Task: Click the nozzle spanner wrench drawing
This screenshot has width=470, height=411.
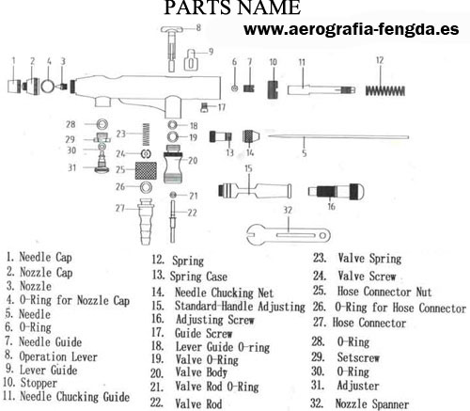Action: coord(289,236)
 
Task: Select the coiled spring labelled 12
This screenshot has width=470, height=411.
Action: coord(385,91)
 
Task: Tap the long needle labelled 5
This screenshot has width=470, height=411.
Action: coord(338,137)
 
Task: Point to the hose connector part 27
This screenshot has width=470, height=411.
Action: coord(146,221)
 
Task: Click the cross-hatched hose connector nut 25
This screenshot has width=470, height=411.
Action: coord(146,170)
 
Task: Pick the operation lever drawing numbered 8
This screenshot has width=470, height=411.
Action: coord(171,49)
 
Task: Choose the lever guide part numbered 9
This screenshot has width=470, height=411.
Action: coord(191,59)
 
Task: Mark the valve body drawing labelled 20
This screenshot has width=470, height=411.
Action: coord(173,164)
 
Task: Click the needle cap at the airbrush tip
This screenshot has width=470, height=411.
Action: coord(14,87)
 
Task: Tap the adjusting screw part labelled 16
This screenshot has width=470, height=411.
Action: coord(337,191)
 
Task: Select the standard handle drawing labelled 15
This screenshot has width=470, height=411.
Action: coord(255,190)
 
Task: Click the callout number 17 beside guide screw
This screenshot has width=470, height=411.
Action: coord(222,107)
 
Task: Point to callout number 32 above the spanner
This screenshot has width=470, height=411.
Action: coord(288,210)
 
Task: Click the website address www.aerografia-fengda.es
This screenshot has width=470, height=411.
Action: coord(352,29)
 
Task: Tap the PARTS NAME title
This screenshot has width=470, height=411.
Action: coord(232,8)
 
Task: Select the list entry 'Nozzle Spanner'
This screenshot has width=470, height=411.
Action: coord(372,403)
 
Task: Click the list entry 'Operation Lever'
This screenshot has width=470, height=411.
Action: coord(58,356)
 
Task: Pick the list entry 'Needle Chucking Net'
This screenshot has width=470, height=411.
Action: coord(224,292)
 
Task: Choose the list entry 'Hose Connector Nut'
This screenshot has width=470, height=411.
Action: coord(384,292)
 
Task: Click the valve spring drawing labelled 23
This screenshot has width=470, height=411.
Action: coord(146,134)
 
